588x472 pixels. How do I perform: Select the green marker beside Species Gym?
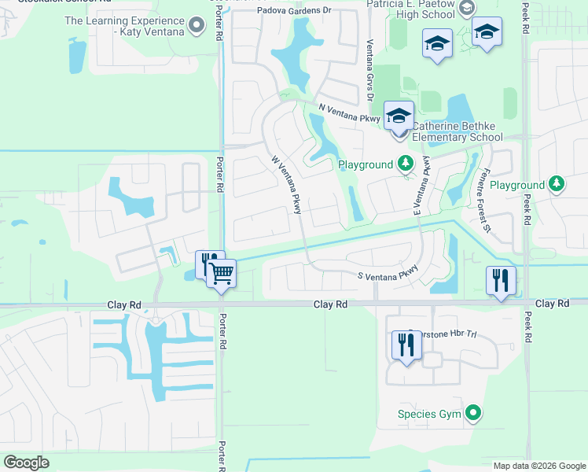coord(472,412)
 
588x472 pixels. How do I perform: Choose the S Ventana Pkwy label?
coord(388,275)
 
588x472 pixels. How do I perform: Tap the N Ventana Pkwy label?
coord(350,113)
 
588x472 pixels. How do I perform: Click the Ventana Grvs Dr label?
coord(367,71)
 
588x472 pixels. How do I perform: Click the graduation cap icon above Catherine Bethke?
coord(399,116)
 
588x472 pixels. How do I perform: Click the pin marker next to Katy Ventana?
coord(197,27)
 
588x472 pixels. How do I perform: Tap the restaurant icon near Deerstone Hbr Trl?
coord(406,345)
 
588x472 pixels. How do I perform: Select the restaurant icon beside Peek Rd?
coord(501,279)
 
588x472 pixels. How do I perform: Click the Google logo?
coord(28,463)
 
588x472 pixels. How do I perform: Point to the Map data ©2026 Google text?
coord(538,466)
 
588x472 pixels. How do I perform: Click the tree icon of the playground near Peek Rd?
coord(557,184)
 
